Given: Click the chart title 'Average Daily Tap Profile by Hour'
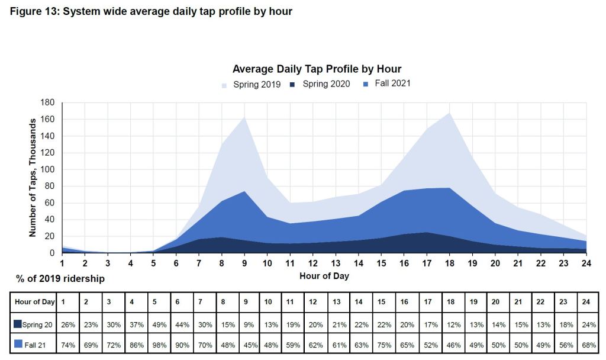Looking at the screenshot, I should click(317, 69).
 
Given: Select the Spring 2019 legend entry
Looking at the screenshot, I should click(252, 85).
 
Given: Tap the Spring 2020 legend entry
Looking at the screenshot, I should click(320, 84).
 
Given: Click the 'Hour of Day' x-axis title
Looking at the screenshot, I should click(324, 276).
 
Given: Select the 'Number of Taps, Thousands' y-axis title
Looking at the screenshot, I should click(33, 178).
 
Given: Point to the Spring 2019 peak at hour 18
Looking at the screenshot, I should click(451, 113).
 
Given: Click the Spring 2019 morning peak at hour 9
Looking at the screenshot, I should click(244, 117).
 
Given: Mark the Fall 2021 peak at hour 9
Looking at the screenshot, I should click(244, 191).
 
